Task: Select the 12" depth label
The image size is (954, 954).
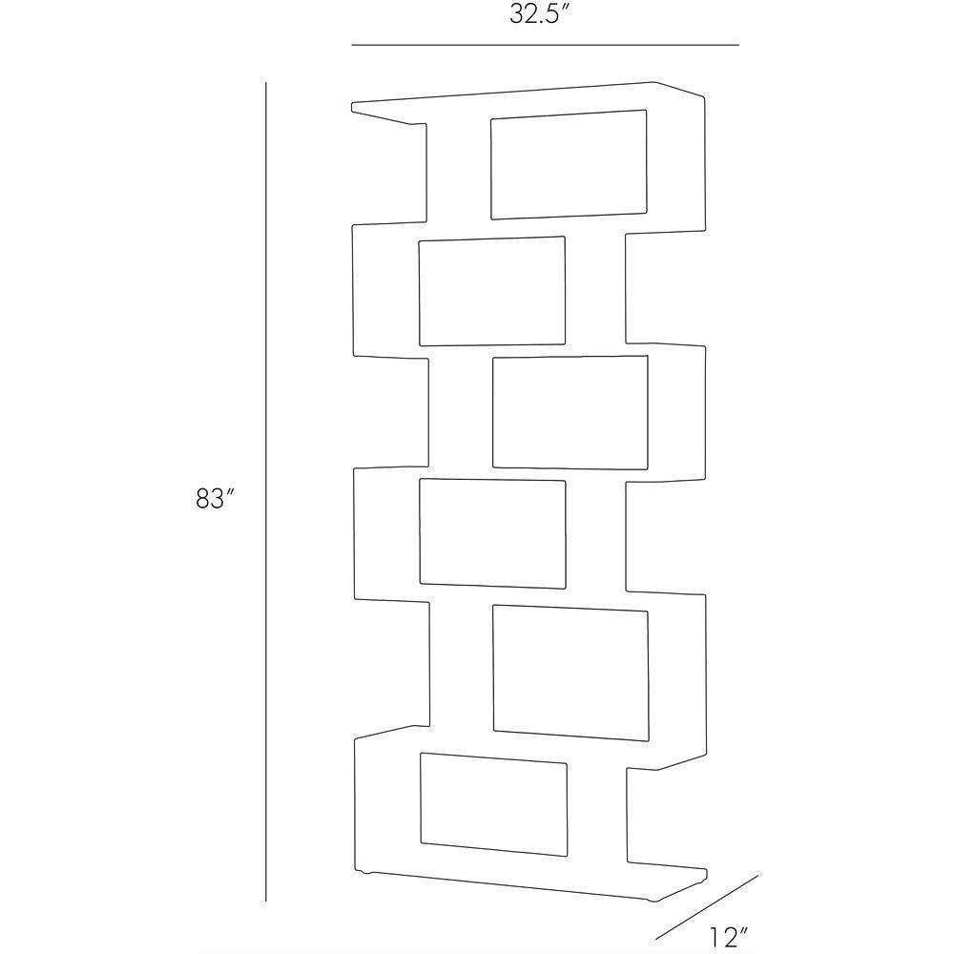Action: [x=727, y=938]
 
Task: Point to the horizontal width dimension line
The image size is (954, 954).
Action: [x=545, y=45]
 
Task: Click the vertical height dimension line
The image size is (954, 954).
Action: [x=266, y=491]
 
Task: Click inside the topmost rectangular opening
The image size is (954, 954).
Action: [x=569, y=164]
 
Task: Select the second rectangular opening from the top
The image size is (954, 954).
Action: [x=491, y=291]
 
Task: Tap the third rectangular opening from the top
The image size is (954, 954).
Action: [x=570, y=412]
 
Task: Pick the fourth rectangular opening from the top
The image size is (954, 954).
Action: [x=493, y=534]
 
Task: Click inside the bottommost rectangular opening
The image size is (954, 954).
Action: [x=493, y=804]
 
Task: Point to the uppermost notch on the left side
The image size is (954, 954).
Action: [x=390, y=174]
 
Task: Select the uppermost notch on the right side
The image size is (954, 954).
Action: [x=665, y=287]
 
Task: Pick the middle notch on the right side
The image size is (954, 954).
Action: [x=666, y=535]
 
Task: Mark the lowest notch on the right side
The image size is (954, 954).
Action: [x=667, y=816]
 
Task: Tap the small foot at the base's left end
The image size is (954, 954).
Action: [x=364, y=872]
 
